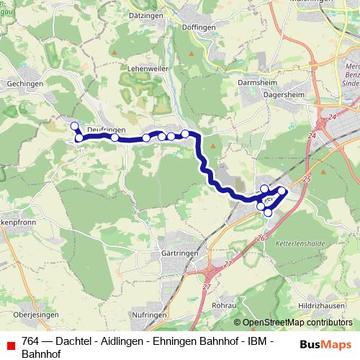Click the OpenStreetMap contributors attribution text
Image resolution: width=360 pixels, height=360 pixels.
click(x=297, y=322)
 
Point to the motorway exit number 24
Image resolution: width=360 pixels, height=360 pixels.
click(x=331, y=116)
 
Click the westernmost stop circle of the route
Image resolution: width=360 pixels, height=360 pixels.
click(x=73, y=126)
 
